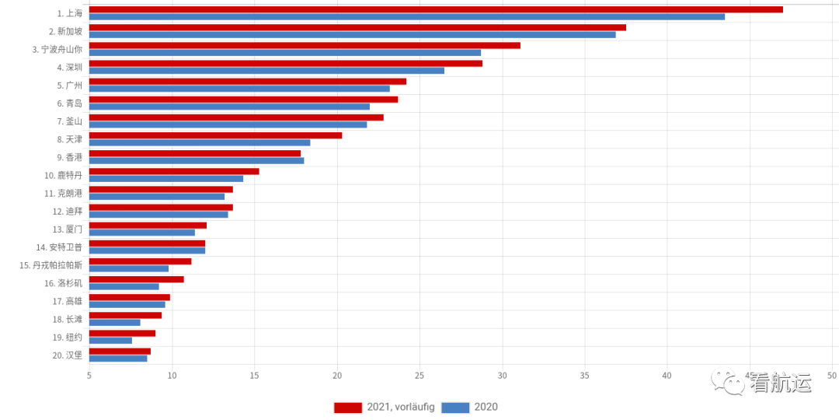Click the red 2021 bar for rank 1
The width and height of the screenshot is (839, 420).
435,9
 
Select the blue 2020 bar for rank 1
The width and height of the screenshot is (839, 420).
406,16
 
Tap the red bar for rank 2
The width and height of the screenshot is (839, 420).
357,28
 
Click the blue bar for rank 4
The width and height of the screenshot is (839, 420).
266,71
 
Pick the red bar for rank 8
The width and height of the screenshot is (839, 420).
215,135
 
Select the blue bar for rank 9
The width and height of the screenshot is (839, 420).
196,160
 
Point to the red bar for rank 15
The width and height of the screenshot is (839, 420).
140,261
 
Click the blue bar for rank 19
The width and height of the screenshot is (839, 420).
110,341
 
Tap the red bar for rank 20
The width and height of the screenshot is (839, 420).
119,352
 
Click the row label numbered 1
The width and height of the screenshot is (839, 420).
69,13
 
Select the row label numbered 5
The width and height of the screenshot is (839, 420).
69,86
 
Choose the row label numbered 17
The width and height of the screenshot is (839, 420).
67,301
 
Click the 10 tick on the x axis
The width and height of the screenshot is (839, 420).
172,376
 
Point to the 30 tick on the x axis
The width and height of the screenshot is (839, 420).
502,376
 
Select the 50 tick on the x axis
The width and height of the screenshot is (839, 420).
832,376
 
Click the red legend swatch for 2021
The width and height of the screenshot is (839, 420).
347,408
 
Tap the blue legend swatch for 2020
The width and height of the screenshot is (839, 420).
455,408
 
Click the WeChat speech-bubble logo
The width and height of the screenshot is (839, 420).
728,380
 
